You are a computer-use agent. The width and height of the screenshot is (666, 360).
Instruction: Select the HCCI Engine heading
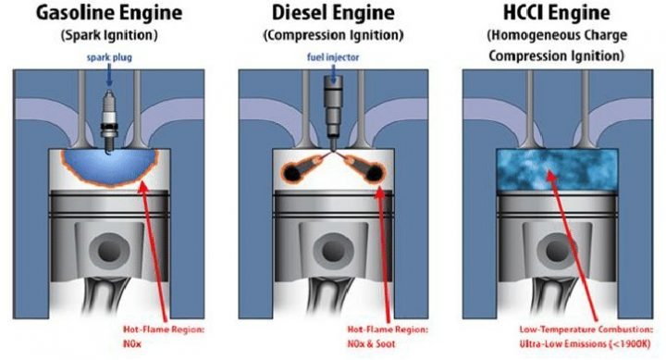[x=552, y=15]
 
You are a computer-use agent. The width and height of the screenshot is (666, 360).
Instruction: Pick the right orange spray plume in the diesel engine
[x=366, y=168]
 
